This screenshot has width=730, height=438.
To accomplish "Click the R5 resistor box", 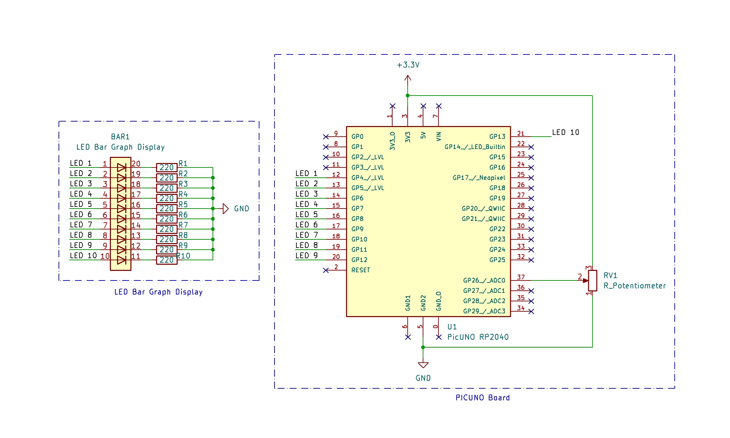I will [167, 209].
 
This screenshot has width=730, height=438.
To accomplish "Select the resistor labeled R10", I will [167, 260].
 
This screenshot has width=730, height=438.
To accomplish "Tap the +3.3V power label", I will [408, 65].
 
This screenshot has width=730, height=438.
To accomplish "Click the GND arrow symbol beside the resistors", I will [226, 209].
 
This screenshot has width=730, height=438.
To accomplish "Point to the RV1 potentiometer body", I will [592, 280].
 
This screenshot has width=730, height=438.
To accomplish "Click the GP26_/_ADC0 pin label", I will [484, 280].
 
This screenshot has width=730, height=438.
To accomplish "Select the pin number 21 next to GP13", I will [521, 133].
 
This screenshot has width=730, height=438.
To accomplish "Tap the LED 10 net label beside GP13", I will [565, 133].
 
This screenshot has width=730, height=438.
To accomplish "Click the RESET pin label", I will [361, 270].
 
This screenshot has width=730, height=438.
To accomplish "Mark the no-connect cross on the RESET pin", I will [326, 270].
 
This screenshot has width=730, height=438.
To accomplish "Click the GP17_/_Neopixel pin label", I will [479, 178].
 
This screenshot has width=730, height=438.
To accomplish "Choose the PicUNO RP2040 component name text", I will [478, 337].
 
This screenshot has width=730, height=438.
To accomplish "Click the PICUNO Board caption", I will [483, 398].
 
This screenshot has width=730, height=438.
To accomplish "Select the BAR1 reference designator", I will [120, 137].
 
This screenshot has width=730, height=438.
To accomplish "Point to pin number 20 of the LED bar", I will [136, 164].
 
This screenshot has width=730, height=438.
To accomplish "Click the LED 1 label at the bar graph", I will [81, 163].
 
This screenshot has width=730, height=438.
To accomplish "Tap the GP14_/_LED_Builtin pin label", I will [475, 147].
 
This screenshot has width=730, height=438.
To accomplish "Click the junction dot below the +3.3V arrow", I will [408, 96].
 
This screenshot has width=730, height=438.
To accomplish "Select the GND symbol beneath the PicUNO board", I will [423, 365].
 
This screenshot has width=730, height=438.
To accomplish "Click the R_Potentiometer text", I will [635, 286].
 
